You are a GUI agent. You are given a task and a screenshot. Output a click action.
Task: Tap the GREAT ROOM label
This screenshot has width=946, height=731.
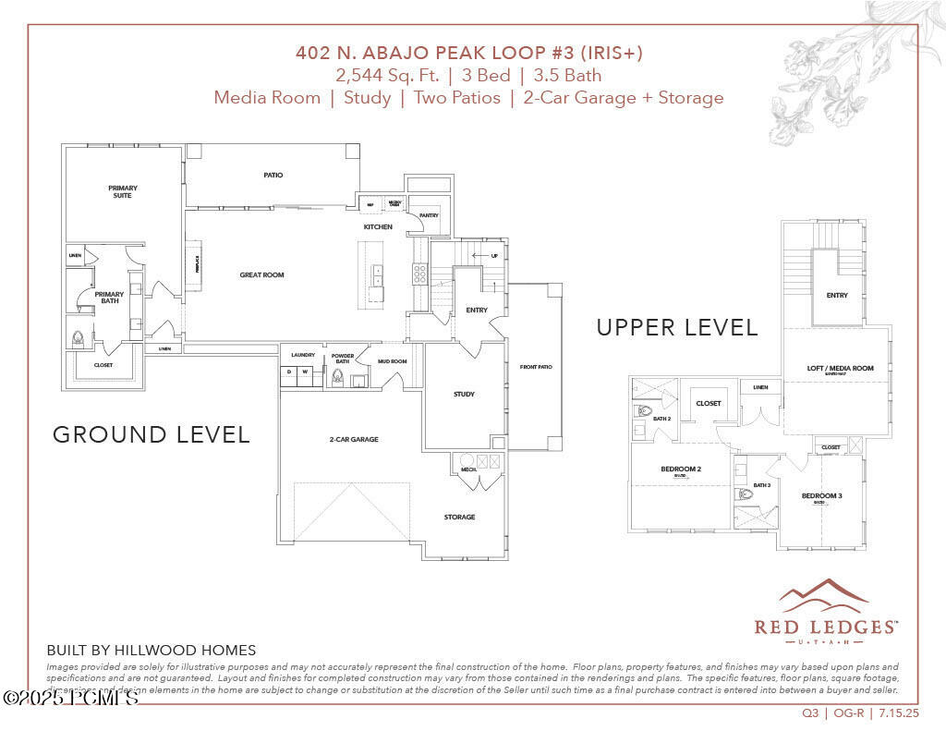tap(261, 274)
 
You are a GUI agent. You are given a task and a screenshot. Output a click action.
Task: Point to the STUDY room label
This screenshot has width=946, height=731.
tap(464, 395)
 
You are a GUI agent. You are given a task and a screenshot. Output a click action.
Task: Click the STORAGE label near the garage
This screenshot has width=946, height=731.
tap(459, 517)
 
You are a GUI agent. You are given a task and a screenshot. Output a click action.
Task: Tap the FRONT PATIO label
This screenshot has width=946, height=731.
tap(536, 367)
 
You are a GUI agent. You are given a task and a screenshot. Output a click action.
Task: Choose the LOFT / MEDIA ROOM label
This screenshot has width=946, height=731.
tap(840, 369)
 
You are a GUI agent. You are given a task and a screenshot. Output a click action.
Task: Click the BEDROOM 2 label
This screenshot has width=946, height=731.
tap(680, 469)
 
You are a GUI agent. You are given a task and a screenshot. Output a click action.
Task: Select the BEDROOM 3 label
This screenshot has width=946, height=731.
tap(821, 496)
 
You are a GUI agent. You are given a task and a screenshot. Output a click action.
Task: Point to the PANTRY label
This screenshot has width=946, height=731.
tap(429, 215)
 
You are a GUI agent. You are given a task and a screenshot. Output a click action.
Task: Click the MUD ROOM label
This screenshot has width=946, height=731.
tap(393, 361)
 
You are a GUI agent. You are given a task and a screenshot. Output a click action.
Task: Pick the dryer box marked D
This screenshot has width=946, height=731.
tap(288, 372)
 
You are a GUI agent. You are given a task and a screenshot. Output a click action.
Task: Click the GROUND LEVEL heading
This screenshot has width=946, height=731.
tap(151, 434)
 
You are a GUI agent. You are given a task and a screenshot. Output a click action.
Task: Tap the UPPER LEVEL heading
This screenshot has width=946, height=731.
tap(676, 327)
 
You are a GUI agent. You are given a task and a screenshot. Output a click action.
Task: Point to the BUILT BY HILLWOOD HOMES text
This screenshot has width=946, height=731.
tap(151, 651)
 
